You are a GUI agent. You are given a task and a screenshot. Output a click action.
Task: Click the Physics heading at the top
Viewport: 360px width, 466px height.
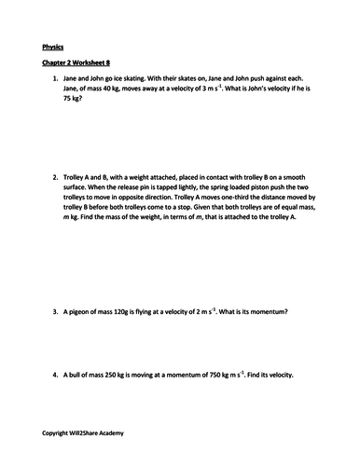point(55,46)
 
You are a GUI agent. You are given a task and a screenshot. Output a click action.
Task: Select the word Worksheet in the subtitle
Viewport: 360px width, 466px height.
point(96,65)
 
